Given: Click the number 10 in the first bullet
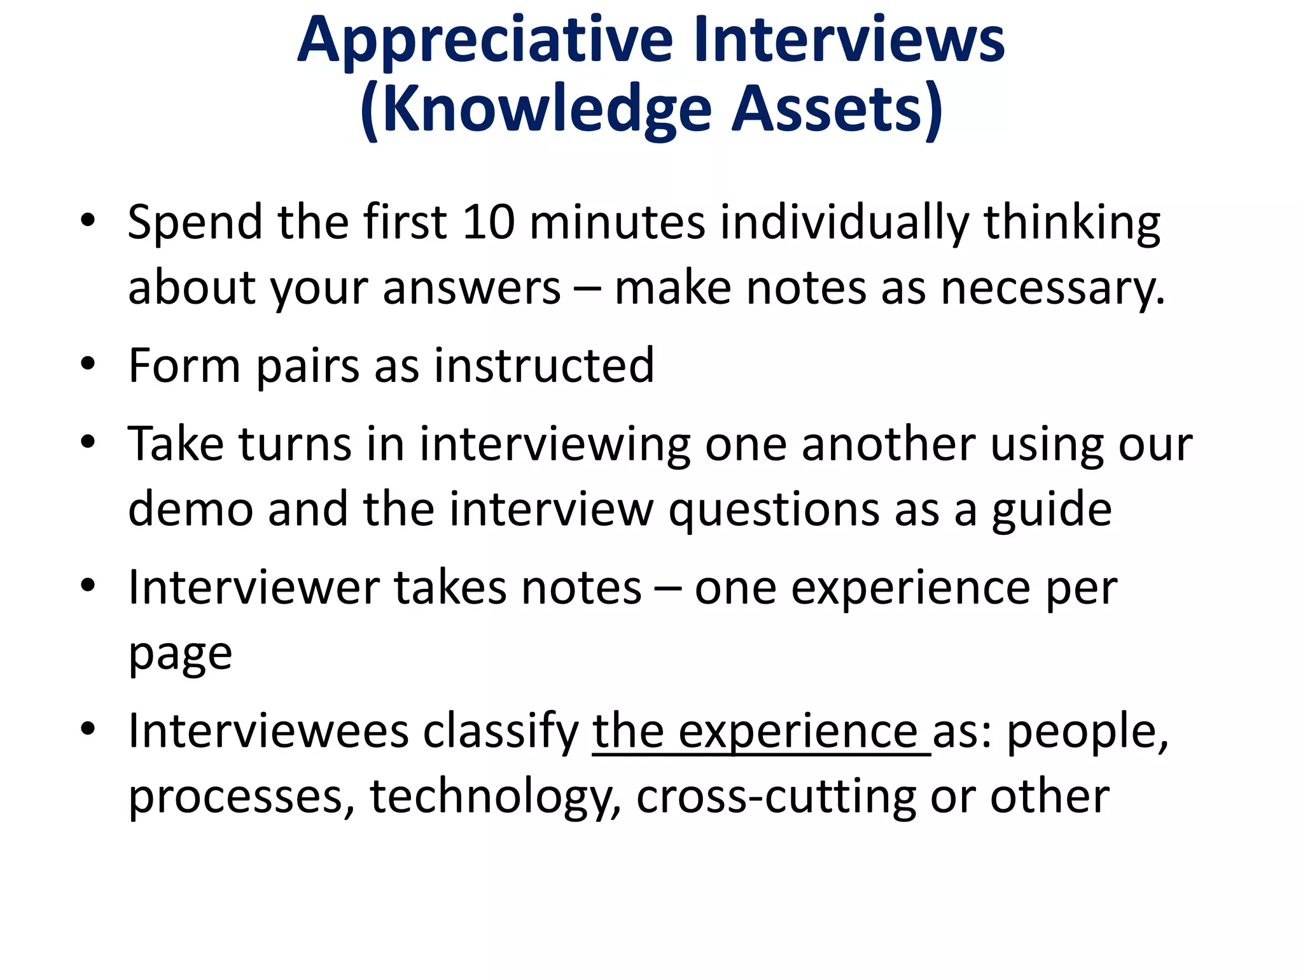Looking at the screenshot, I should (488, 223).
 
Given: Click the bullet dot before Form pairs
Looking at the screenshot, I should (88, 364).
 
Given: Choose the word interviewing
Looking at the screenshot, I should (554, 445).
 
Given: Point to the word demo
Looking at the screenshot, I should (191, 509).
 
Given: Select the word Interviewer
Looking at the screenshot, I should (254, 588).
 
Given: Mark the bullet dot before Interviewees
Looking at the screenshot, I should (88, 728).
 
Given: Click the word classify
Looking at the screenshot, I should (501, 732).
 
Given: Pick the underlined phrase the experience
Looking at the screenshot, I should (761, 732).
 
